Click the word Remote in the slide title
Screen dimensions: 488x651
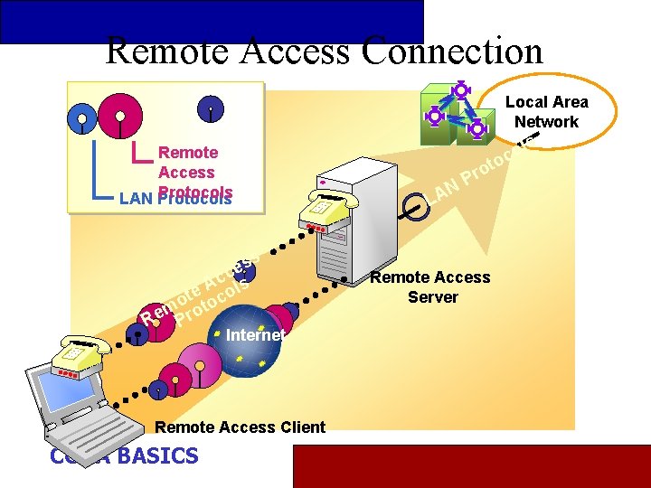tap(161, 51)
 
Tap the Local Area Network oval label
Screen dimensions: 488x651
tap(546, 112)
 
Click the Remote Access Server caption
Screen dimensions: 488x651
tap(432, 287)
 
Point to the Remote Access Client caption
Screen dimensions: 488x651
tap(241, 427)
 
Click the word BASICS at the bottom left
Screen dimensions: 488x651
tap(156, 455)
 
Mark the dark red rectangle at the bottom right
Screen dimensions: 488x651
tap(471, 466)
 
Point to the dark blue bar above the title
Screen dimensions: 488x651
tap(212, 20)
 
